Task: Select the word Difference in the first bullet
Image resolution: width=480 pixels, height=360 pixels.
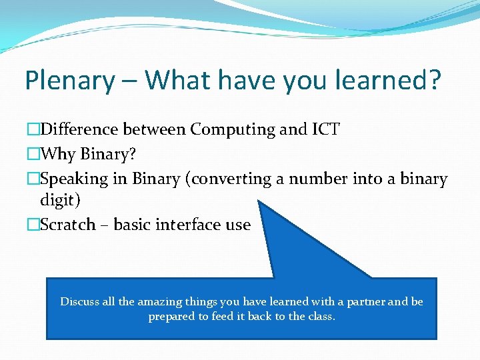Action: pos(82,129)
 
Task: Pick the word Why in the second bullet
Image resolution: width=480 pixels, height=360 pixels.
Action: pos(58,154)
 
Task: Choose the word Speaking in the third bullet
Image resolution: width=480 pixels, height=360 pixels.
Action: pos(73,179)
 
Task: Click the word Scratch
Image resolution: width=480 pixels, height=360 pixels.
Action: pos(67,225)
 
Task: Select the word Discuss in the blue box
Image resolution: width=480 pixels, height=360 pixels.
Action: pos(80,301)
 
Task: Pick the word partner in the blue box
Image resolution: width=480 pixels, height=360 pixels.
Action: pos(361,301)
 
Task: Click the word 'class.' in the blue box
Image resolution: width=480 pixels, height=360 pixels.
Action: pos(321,316)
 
